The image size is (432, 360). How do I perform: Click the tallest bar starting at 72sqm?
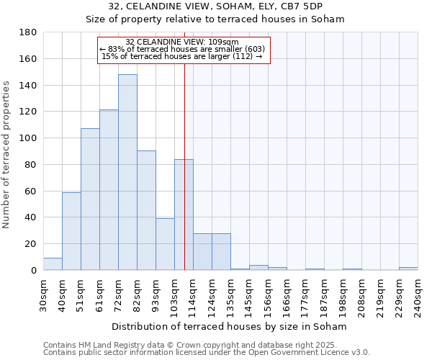point(127,173)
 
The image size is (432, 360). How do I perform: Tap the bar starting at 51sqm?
point(90,199)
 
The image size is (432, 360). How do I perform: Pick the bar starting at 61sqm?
point(109,190)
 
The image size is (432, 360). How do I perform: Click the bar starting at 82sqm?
point(146,210)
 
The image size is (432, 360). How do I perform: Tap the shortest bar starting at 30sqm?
point(53,264)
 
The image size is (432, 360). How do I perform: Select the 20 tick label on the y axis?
point(32,244)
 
